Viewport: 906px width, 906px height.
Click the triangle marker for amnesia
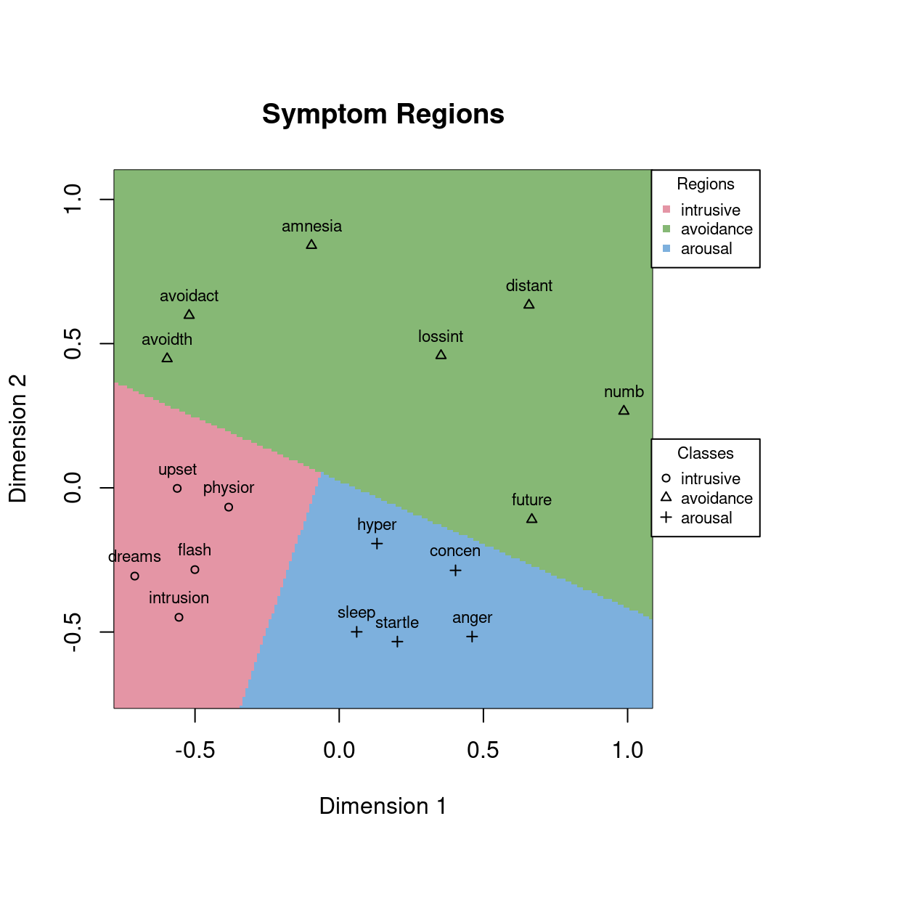pos(311,245)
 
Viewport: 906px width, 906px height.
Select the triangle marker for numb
pos(624,410)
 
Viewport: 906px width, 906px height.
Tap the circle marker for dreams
pos(134,576)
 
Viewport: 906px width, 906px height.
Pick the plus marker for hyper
pos(377,544)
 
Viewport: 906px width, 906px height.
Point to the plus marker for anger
pos(472,637)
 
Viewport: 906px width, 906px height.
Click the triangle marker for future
pos(531,518)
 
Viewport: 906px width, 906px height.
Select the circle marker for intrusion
pos(179,617)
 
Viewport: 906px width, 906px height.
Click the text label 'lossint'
pos(441,337)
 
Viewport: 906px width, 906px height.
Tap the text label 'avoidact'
pos(189,296)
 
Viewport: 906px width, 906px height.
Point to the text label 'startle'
pos(397,623)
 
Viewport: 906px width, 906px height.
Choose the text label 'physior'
pos(229,488)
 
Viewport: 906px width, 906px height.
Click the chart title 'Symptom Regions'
pos(383,114)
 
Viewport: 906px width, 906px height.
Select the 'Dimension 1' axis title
pos(383,806)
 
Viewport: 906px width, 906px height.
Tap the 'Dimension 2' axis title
pos(17,438)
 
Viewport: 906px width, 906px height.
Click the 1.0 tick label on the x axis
pos(627,750)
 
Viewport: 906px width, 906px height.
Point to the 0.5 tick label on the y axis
pos(73,343)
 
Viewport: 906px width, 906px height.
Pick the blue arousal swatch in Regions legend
pos(666,248)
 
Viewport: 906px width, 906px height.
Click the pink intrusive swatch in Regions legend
pos(666,210)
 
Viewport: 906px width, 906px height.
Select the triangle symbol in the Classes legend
pos(666,497)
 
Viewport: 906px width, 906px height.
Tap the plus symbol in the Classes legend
pos(666,518)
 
